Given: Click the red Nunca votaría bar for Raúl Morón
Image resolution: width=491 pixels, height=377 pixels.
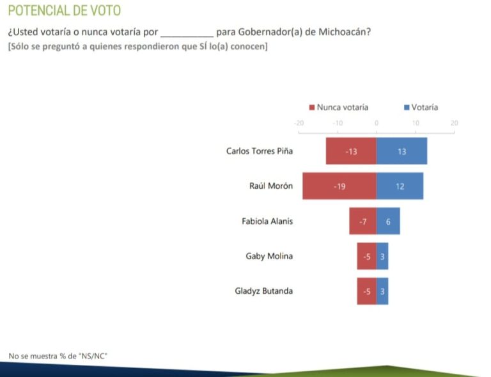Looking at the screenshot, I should (x=339, y=186).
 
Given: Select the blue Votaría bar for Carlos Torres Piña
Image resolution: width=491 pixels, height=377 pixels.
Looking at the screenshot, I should (x=401, y=151).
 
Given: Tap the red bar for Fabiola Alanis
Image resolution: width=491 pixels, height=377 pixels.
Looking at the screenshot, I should (x=362, y=221).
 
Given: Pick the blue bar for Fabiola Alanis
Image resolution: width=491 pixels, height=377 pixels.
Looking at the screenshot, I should (x=388, y=221).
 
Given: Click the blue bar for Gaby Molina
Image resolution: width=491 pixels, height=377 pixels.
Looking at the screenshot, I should (x=382, y=256).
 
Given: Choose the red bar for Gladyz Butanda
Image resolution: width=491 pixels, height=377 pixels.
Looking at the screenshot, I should (x=366, y=291).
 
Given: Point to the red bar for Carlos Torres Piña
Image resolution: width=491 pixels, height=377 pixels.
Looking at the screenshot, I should (x=351, y=151).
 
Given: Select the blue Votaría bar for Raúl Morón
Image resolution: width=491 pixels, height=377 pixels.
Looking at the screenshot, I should (x=400, y=186).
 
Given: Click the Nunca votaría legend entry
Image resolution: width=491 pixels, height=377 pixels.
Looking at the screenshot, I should (x=338, y=108).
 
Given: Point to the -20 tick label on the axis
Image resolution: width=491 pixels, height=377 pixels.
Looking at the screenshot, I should (x=299, y=123).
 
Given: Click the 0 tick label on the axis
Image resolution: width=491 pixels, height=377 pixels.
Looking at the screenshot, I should (x=377, y=123).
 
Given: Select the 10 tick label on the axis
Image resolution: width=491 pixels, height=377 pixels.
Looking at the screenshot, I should (x=416, y=123).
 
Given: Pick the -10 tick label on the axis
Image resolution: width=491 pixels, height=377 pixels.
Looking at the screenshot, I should (x=338, y=123).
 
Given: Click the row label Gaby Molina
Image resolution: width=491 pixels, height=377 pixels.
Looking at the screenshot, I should (x=269, y=256).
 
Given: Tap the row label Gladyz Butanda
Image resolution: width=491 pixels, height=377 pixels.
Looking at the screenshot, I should (x=264, y=291).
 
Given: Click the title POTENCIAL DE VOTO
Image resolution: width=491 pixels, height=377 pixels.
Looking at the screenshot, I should (x=64, y=11).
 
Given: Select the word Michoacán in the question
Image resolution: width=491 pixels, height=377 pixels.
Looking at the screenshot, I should (x=345, y=32).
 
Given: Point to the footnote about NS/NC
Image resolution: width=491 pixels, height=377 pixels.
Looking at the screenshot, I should (x=57, y=355).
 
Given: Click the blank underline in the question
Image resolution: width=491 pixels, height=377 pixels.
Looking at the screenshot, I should (x=187, y=33).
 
